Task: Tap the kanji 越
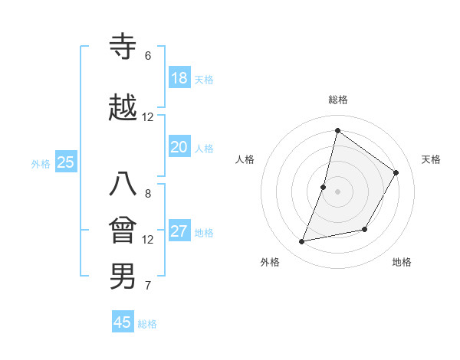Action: click(x=123, y=108)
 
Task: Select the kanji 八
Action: click(x=123, y=185)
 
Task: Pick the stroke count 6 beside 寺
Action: click(x=148, y=56)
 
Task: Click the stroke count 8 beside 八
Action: click(x=148, y=194)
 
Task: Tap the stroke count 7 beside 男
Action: click(x=148, y=286)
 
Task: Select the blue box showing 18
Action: click(x=179, y=78)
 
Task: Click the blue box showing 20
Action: click(x=179, y=147)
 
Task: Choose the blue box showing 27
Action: click(x=179, y=231)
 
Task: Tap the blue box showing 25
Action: click(x=66, y=162)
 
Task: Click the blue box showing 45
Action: click(x=123, y=322)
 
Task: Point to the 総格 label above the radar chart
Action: click(x=338, y=100)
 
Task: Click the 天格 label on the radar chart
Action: click(x=431, y=159)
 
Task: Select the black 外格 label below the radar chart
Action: click(x=270, y=262)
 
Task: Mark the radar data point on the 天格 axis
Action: click(x=396, y=172)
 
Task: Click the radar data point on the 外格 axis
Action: click(x=302, y=242)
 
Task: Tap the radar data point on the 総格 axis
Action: click(x=337, y=130)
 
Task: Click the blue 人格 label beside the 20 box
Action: click(x=204, y=149)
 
